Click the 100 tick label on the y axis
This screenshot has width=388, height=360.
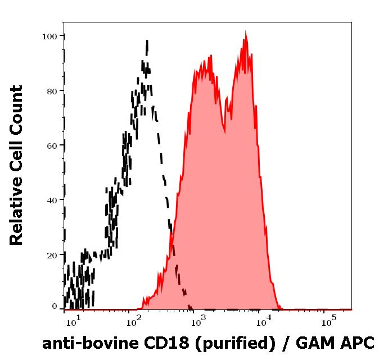(x=50, y=37)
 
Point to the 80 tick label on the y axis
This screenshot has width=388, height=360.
(x=52, y=91)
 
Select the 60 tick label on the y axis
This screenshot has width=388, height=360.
(x=52, y=145)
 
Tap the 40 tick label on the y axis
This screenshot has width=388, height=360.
(x=52, y=200)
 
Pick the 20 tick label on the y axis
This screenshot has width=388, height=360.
(x=52, y=255)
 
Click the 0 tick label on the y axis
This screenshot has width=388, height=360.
(x=55, y=307)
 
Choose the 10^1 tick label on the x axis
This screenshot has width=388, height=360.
(x=74, y=322)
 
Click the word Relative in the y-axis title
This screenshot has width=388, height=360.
(x=17, y=213)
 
